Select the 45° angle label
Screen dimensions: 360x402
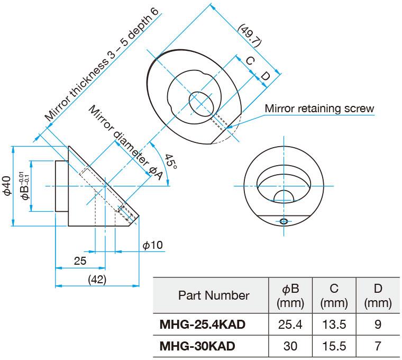(x=170, y=161)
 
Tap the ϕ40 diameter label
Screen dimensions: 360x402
(x=7, y=186)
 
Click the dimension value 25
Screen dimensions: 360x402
(x=80, y=261)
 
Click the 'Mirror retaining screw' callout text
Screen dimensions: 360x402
(x=319, y=109)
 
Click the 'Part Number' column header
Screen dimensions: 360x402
(x=213, y=295)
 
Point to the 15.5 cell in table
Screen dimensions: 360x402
(x=334, y=346)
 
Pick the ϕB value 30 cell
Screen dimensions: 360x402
(x=290, y=346)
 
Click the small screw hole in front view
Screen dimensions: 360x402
(x=284, y=221)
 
